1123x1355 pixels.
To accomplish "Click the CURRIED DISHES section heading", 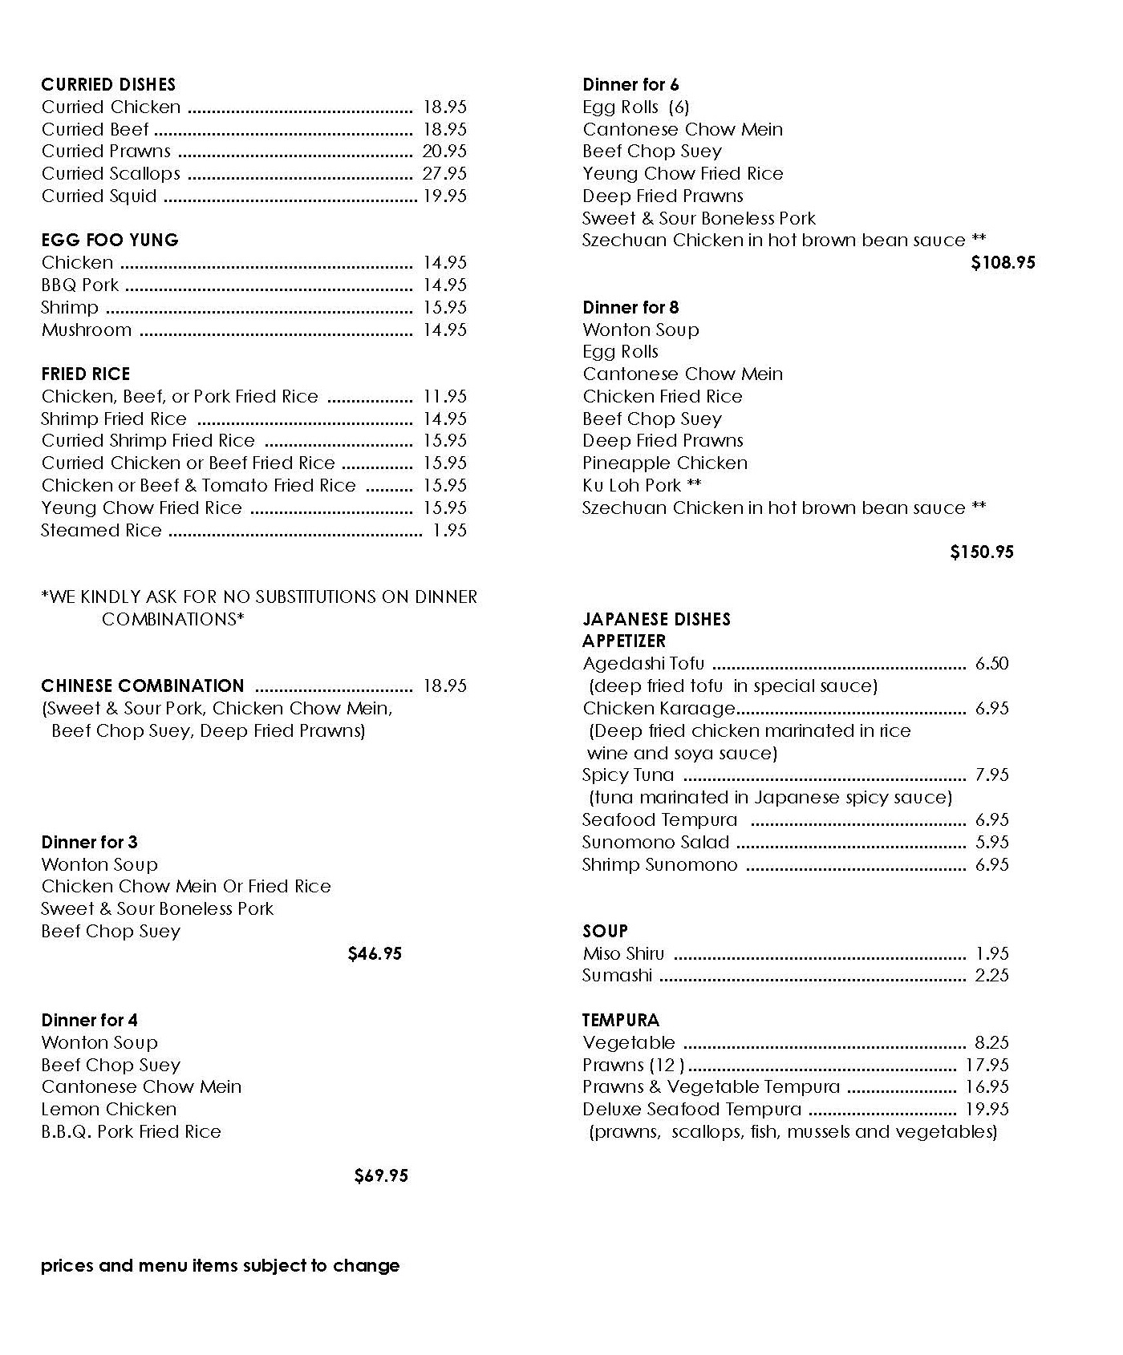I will pyautogui.click(x=108, y=84).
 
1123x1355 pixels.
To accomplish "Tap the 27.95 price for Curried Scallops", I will pyautogui.click(x=444, y=173).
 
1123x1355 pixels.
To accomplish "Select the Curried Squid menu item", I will pyautogui.click(x=99, y=196).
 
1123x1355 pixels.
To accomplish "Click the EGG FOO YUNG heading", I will pyautogui.click(x=110, y=240).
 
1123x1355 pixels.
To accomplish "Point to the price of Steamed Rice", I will pyautogui.click(x=449, y=530).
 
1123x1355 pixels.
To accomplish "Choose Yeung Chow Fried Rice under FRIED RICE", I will pyautogui.click(x=141, y=508).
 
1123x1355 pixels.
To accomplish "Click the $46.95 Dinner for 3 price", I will pyautogui.click(x=375, y=953).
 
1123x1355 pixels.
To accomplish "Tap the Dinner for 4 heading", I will pyautogui.click(x=89, y=1020).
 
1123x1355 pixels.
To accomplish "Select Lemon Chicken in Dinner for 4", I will pyautogui.click(x=109, y=1109).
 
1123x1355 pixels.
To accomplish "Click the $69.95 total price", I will pyautogui.click(x=381, y=1175).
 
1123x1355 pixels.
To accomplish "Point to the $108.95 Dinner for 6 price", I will pyautogui.click(x=1003, y=262).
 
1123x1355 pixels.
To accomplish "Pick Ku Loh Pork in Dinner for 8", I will pyautogui.click(x=632, y=485).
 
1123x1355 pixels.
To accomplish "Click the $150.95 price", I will pyautogui.click(x=982, y=552).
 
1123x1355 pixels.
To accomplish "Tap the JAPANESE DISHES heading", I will pyautogui.click(x=656, y=619).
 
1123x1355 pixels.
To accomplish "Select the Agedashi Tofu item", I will pyautogui.click(x=643, y=663).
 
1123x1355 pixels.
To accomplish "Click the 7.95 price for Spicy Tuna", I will pyautogui.click(x=992, y=775).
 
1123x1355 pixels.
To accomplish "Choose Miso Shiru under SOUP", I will pyautogui.click(x=623, y=953).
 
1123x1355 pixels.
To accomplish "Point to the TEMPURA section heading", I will pyautogui.click(x=621, y=1020).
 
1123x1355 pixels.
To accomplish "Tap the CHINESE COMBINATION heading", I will pyautogui.click(x=143, y=686).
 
